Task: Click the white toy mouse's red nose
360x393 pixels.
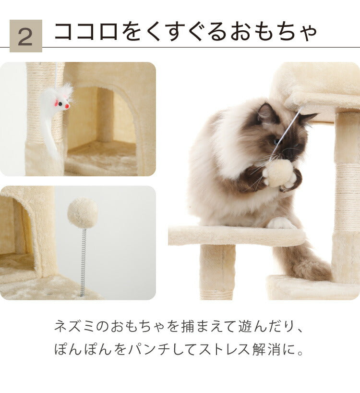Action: (67, 106)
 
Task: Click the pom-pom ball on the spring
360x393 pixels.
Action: (83, 213)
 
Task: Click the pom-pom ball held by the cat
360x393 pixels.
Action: (279, 173)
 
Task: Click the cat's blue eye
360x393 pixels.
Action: (277, 141)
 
